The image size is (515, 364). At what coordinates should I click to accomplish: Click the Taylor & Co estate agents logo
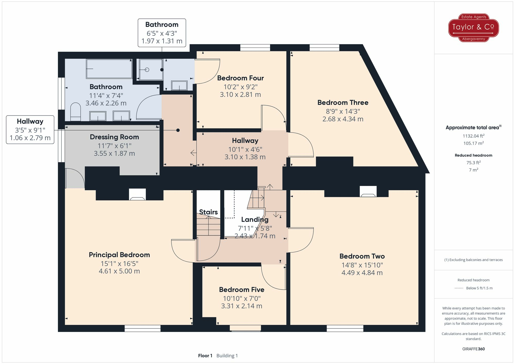click(473, 28)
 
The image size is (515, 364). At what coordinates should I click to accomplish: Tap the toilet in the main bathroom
click(75, 112)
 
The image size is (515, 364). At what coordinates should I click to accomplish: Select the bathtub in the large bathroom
click(109, 69)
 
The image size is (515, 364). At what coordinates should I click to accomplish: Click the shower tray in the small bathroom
click(151, 70)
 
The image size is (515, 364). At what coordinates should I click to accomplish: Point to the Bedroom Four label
click(240, 78)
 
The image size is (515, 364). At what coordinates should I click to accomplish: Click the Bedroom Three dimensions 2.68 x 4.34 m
click(343, 119)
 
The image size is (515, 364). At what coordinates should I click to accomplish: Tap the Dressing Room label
click(114, 137)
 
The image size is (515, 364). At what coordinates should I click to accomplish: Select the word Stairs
click(208, 212)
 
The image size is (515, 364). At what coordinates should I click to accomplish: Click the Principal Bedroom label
click(119, 255)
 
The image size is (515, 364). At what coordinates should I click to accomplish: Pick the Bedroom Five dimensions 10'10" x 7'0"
click(242, 298)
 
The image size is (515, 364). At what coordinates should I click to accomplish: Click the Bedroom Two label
click(362, 256)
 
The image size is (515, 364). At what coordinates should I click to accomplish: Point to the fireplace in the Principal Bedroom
click(137, 195)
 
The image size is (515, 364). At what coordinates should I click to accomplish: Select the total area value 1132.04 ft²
click(473, 136)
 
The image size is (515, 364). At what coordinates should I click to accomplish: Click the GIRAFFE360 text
click(473, 349)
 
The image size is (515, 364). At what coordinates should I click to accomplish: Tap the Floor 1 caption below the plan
click(205, 356)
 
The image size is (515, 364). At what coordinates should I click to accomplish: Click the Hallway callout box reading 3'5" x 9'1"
click(30, 130)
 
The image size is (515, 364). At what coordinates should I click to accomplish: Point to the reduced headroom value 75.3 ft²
click(473, 163)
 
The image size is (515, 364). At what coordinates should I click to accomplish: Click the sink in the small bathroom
click(179, 85)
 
